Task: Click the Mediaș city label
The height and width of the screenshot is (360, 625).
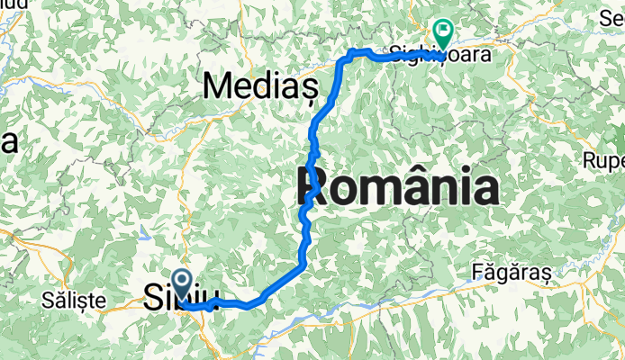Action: (262, 85)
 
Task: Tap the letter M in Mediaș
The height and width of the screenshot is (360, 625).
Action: (219, 85)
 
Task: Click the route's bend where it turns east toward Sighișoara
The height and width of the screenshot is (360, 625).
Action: (347, 56)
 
